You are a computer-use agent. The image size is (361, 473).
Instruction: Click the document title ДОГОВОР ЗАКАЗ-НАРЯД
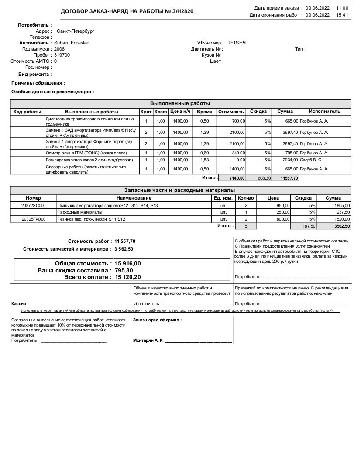pyautogui.click(x=127, y=11)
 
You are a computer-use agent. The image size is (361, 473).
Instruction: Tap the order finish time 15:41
pyautogui.click(x=342, y=15)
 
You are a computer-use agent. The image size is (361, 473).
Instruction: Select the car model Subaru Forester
pyautogui.click(x=72, y=43)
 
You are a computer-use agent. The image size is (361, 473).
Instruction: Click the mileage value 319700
pyautogui.click(x=62, y=55)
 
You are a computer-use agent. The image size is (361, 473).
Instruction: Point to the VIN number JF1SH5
pyautogui.click(x=237, y=43)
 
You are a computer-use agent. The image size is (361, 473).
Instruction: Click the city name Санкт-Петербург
pyautogui.click(x=76, y=31)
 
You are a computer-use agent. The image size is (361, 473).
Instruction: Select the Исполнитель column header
pyautogui.click(x=324, y=112)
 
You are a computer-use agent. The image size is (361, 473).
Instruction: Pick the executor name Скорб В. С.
pyautogui.click(x=311, y=160)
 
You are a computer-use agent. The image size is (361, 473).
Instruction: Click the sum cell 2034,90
pyautogui.click(x=289, y=160)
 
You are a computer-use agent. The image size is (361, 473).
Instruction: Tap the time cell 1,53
pyautogui.click(x=204, y=160)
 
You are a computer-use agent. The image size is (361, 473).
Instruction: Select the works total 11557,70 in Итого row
pyautogui.click(x=289, y=178)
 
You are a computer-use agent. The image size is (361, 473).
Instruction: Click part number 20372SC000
pyautogui.click(x=34, y=205)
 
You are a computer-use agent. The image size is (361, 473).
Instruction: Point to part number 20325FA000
pyautogui.click(x=34, y=219)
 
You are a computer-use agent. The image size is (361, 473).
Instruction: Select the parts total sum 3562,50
pyautogui.click(x=341, y=226)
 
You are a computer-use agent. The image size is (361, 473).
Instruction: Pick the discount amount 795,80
pyautogui.click(x=124, y=270)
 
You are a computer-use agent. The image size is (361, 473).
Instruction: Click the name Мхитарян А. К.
pyautogui.click(x=148, y=340)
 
